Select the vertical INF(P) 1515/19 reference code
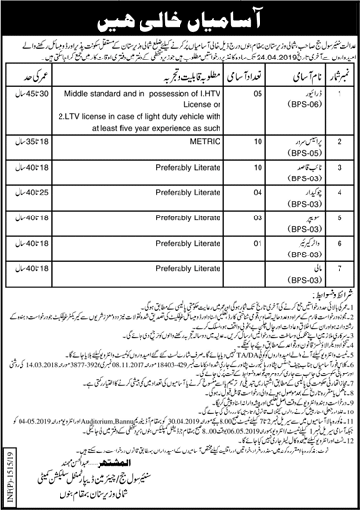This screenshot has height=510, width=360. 12,458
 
